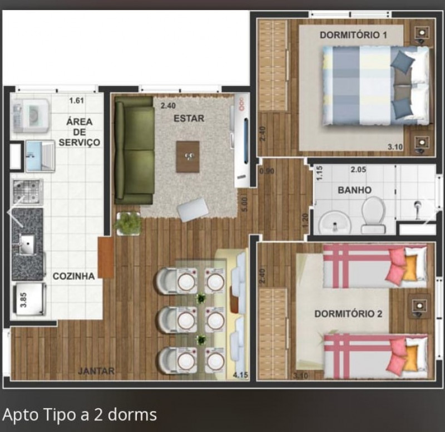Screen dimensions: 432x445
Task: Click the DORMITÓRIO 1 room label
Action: (353, 35)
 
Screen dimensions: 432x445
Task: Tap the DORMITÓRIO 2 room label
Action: (348, 313)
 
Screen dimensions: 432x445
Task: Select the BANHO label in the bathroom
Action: (354, 190)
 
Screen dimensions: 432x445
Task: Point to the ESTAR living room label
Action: (189, 118)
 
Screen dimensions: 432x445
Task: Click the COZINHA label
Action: (73, 276)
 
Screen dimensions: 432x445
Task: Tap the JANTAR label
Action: (96, 371)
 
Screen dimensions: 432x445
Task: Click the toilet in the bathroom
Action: (373, 215)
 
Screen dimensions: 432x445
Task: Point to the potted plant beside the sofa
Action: (129, 223)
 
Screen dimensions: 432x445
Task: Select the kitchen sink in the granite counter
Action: (27, 244)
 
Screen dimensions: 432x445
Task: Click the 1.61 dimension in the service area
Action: (76, 101)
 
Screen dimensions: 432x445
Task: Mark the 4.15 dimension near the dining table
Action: (240, 375)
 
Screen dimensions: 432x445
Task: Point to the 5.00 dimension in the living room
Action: (243, 199)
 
